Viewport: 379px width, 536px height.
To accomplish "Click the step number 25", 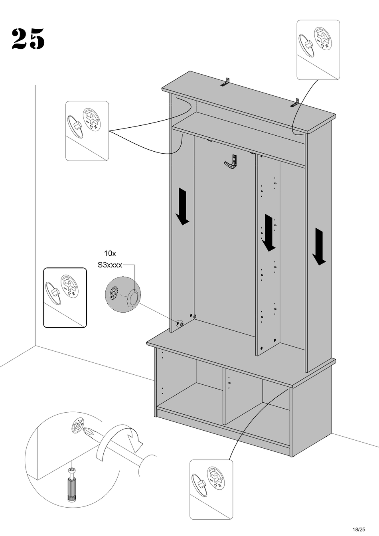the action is (x=28, y=39).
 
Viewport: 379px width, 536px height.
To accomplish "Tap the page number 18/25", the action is (x=359, y=529).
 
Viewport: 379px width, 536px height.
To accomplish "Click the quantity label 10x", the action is (x=110, y=253).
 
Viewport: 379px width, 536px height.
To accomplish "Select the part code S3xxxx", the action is (x=110, y=265).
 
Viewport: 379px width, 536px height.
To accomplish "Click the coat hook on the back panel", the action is (x=231, y=163).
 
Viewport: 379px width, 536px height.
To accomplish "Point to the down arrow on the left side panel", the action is (x=183, y=206).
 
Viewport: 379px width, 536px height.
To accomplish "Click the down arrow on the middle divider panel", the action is (x=268, y=233).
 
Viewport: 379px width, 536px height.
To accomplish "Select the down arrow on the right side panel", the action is (x=319, y=247).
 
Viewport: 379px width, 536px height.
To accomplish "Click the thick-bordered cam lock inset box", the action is (x=65, y=297).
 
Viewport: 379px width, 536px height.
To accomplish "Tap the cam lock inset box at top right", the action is (x=318, y=50).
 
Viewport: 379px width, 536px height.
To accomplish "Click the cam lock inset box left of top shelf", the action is (x=87, y=131).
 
